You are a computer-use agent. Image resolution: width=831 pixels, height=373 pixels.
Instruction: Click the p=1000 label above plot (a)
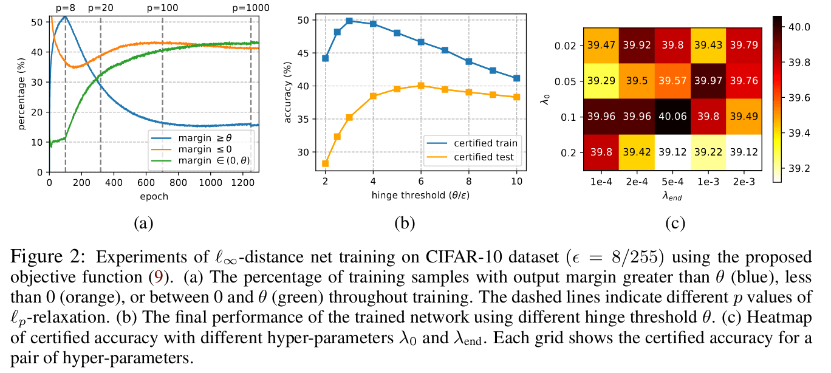pos(251,9)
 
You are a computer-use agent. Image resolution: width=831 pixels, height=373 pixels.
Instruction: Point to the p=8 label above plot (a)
pos(65,9)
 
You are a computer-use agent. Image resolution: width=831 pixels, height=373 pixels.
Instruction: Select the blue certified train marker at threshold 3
pos(349,21)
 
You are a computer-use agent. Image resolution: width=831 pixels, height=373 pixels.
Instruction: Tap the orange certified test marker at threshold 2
pos(325,163)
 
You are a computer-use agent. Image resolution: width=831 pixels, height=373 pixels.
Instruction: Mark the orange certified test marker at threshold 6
pos(420,86)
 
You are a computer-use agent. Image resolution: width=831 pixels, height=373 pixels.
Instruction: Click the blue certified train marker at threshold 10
pos(516,78)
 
